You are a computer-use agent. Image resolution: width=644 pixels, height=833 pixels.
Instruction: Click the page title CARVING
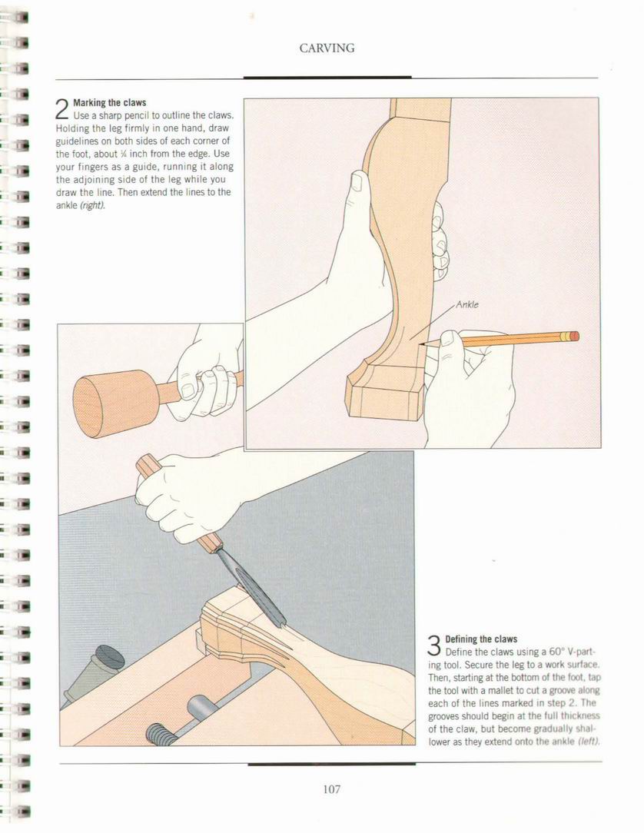(327, 48)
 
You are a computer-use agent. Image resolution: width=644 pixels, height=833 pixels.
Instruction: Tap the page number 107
(331, 789)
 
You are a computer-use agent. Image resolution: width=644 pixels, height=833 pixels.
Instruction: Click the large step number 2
(62, 109)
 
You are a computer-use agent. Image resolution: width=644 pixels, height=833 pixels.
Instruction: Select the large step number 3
(434, 645)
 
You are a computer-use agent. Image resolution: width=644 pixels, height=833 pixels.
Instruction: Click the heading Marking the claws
(109, 102)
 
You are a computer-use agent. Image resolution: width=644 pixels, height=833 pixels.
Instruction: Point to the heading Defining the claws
(481, 639)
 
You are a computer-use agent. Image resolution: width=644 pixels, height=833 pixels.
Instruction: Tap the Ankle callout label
(467, 304)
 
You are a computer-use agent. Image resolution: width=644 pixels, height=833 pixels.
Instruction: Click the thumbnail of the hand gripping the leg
(357, 182)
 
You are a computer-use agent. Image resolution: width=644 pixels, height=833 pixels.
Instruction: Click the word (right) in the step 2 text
(92, 205)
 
